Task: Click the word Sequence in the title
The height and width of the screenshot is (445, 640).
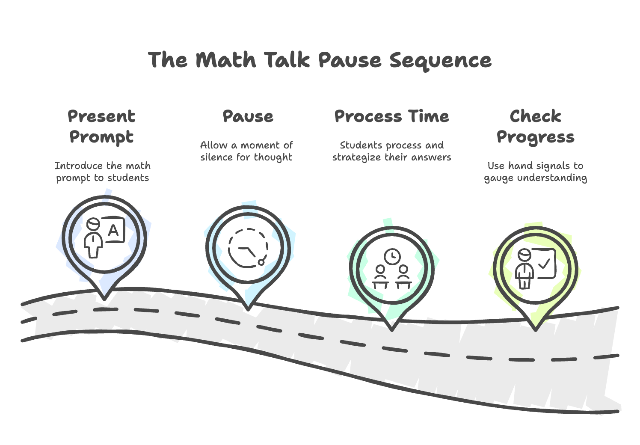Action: (x=440, y=60)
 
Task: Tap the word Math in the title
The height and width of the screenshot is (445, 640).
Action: (x=226, y=60)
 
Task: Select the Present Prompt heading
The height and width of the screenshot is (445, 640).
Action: (x=101, y=127)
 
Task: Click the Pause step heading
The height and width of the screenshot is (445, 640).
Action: (x=248, y=116)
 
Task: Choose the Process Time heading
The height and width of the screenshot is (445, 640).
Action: (x=391, y=116)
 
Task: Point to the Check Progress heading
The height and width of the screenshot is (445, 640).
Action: (x=535, y=127)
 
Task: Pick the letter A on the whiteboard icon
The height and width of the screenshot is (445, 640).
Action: (x=113, y=231)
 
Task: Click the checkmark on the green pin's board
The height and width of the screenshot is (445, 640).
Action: (x=544, y=264)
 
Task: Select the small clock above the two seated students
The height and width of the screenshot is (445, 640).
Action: (x=392, y=257)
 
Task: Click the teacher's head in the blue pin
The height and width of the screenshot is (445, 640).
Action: (x=93, y=224)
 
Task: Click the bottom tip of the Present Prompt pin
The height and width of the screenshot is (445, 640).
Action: (x=104, y=297)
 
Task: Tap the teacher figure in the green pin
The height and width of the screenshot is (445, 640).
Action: (x=524, y=270)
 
